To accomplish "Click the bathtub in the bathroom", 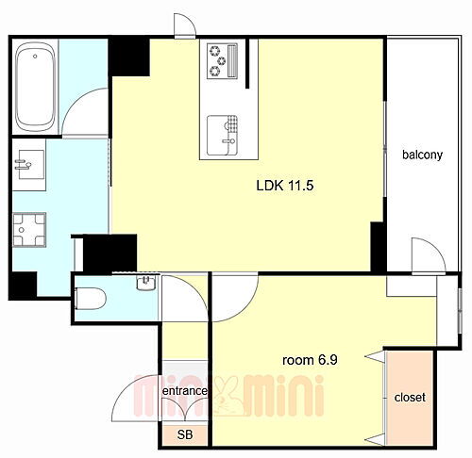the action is [x=36, y=87].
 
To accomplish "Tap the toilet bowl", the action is [x=91, y=299].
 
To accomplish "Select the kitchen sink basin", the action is [x=222, y=136].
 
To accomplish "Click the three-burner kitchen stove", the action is [x=222, y=61].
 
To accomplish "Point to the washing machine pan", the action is [x=29, y=230].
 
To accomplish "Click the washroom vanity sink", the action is [x=30, y=164].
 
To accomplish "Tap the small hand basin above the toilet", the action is [x=146, y=282].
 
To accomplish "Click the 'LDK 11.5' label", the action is [x=285, y=186].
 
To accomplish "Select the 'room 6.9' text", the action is [x=310, y=360].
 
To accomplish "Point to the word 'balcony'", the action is [x=423, y=155].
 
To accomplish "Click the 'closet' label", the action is [x=410, y=398].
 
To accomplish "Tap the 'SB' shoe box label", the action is [x=185, y=434].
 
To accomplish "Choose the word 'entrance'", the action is [x=185, y=391].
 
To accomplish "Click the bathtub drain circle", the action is [x=35, y=57].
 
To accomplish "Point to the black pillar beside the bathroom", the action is [x=129, y=57].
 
